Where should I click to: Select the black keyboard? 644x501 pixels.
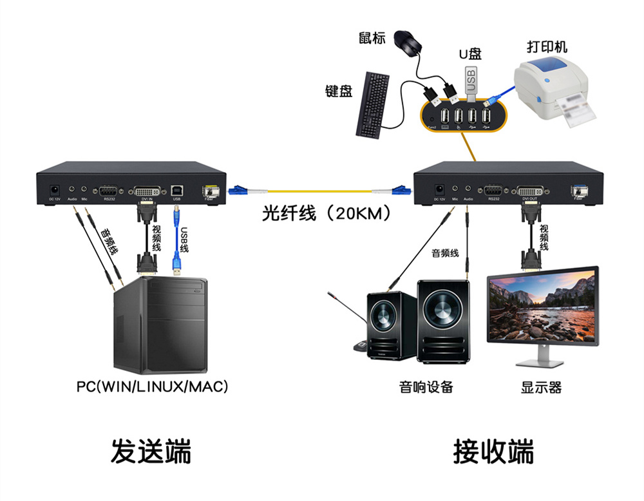pyautogui.click(x=373, y=104)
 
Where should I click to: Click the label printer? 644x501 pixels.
pyautogui.click(x=554, y=93)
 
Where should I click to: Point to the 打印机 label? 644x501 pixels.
pyautogui.click(x=547, y=47)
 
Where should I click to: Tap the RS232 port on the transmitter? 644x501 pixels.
pyautogui.click(x=108, y=191)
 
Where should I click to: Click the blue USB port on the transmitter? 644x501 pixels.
pyautogui.click(x=176, y=191)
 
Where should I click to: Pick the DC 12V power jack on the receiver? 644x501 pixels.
pyautogui.click(x=440, y=190)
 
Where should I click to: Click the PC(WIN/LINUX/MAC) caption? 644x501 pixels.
pyautogui.click(x=153, y=387)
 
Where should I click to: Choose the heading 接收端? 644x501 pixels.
pyautogui.click(x=493, y=450)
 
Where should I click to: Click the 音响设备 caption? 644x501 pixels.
pyautogui.click(x=426, y=387)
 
